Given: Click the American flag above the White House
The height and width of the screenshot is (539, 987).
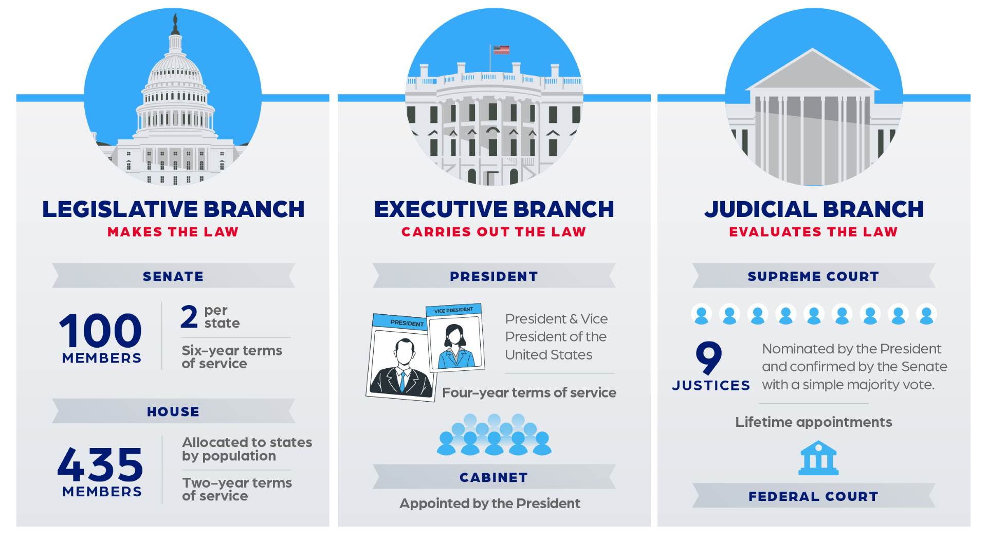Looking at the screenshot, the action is [x=501, y=50].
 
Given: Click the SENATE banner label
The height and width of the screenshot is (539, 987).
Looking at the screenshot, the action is [x=173, y=276].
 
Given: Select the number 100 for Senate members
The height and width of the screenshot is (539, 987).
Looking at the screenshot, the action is [x=101, y=330].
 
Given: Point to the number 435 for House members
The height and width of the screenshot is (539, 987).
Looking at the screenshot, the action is [x=101, y=464].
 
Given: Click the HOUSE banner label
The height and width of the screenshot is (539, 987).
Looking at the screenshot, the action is [x=173, y=411].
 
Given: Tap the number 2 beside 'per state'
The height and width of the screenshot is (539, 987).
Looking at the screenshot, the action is [x=189, y=317].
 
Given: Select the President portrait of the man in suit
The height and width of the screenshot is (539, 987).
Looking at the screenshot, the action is [x=401, y=357].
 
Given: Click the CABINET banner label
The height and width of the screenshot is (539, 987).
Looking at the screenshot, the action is [x=493, y=477].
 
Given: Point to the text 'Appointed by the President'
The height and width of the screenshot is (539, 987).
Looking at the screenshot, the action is [x=490, y=504].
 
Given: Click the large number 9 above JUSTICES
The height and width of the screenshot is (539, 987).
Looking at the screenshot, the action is [x=709, y=357].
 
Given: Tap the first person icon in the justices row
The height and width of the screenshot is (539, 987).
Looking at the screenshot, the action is [x=702, y=314].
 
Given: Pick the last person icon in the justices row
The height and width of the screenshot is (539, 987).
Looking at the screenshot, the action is [x=926, y=314].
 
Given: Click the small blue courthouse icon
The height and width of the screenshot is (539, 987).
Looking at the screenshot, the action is [x=818, y=457].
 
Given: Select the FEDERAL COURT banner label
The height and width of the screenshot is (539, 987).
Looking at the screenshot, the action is [x=813, y=496].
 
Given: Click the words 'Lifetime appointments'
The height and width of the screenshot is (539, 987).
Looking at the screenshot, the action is [x=814, y=422].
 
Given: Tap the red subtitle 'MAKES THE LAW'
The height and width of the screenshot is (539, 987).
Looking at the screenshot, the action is [x=173, y=232].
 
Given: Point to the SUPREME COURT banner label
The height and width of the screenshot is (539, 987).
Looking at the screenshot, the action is [x=813, y=276].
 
